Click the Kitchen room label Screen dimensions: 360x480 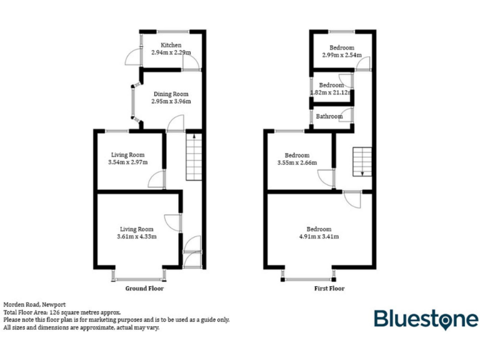point(171,45)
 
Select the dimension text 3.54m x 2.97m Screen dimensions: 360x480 point(128,162)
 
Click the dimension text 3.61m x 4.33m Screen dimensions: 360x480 point(137,236)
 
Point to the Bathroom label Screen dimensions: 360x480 point(329,116)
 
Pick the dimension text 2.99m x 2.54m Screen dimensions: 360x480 point(342,56)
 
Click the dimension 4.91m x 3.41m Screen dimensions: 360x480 point(319,236)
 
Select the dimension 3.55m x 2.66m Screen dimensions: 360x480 point(297,163)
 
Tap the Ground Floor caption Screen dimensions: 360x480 point(145,289)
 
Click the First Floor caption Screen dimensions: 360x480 point(329,289)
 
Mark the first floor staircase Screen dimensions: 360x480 point(361,162)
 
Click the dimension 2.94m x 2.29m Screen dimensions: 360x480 point(171,53)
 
